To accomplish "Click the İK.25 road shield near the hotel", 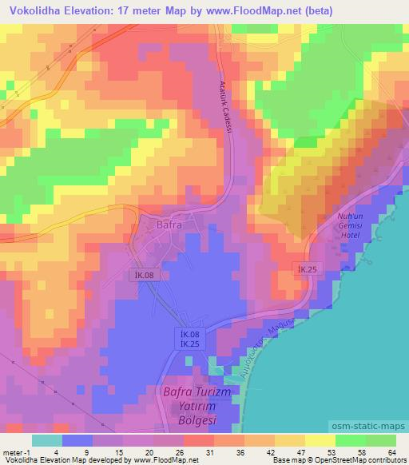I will point(307,271).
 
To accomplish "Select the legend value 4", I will point(48,451).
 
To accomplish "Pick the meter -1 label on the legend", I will point(14,451).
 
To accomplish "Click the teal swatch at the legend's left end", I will point(47,439).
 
